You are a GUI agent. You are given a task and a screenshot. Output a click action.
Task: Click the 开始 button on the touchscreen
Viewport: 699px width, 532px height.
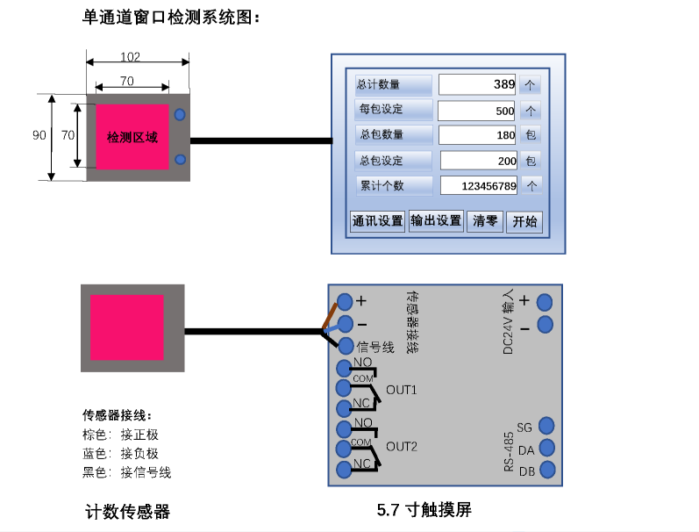pyautogui.click(x=524, y=221)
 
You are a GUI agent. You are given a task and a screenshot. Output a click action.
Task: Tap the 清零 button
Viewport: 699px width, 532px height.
pyautogui.click(x=485, y=221)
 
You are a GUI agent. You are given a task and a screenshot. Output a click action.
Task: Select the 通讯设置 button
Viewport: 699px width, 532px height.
pyautogui.click(x=377, y=221)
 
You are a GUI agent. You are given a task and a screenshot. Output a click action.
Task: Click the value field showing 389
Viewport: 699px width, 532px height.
pyautogui.click(x=477, y=84)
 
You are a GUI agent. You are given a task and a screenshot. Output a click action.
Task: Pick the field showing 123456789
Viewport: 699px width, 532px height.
pyautogui.click(x=477, y=186)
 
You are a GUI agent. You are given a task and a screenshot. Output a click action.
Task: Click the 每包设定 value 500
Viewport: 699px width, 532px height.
pyautogui.click(x=477, y=111)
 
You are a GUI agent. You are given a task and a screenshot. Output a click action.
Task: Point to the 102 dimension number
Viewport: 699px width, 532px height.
pyautogui.click(x=130, y=57)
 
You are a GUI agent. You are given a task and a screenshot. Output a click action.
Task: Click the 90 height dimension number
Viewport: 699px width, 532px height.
pyautogui.click(x=39, y=135)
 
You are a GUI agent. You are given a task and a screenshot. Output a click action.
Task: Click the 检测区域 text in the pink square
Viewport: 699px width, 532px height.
pyautogui.click(x=132, y=138)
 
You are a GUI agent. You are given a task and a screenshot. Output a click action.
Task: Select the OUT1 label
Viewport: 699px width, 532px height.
pyautogui.click(x=402, y=390)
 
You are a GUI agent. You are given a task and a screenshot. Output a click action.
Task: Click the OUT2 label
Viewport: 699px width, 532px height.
pyautogui.click(x=402, y=446)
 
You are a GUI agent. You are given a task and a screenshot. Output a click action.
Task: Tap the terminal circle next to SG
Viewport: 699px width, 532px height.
pyautogui.click(x=546, y=426)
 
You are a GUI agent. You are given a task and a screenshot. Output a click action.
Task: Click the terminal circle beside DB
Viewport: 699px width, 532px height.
pyautogui.click(x=547, y=470)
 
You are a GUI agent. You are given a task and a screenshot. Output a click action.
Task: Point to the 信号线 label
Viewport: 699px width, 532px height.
pyautogui.click(x=375, y=347)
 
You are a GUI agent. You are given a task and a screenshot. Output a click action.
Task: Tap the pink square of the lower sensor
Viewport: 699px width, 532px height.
pyautogui.click(x=127, y=327)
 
